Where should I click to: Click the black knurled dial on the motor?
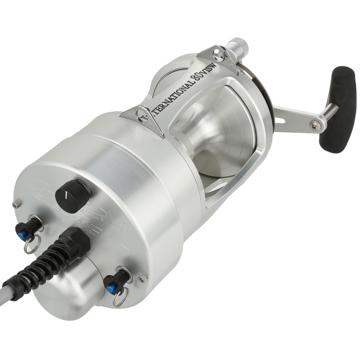(x=72, y=196)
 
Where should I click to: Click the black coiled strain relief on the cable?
(x=40, y=266)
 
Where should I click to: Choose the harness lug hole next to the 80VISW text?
(x=216, y=55)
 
